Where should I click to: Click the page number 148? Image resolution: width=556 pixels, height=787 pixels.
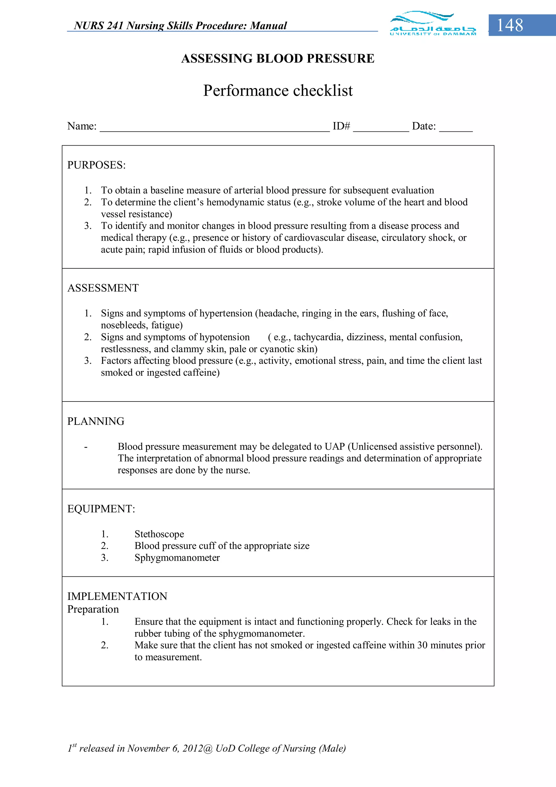click(510, 25)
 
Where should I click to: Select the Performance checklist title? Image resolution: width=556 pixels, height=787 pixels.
click(277, 90)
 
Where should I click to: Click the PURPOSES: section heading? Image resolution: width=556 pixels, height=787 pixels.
click(96, 165)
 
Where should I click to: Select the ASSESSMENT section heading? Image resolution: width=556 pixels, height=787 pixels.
click(103, 288)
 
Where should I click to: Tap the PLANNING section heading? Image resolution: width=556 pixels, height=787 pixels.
click(96, 421)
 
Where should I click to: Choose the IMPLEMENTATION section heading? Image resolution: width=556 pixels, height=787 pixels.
click(117, 596)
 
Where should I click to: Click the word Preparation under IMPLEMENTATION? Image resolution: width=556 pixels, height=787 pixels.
click(93, 609)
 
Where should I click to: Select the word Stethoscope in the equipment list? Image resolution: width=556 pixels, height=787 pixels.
click(159, 534)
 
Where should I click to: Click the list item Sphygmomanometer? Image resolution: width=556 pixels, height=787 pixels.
click(177, 558)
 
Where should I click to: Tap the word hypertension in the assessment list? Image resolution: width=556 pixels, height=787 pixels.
click(226, 313)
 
